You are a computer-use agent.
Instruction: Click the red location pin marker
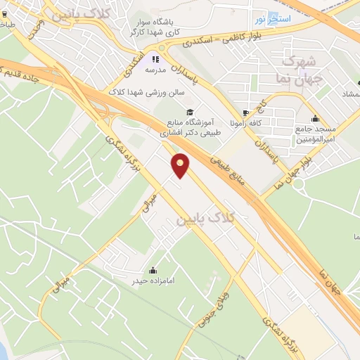181,166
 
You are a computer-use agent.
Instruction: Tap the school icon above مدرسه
155,60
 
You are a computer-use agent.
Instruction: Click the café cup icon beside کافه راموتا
245,113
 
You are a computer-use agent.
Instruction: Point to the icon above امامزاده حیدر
153,270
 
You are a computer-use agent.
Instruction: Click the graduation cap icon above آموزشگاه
188,112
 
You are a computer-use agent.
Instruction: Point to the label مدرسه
155,71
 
